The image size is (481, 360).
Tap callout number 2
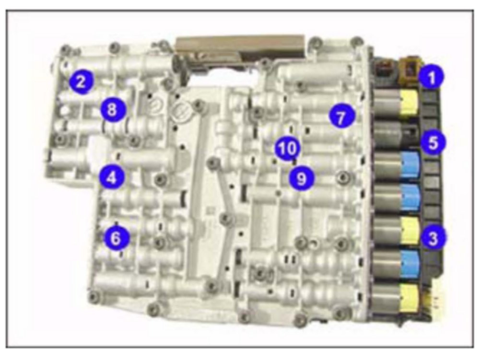[x=81, y=82]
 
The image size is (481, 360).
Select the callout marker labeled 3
[x=433, y=238]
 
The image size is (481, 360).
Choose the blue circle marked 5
[x=433, y=142]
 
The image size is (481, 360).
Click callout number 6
[x=116, y=238]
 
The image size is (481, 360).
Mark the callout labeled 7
[x=340, y=117]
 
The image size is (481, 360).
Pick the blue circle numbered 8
[x=113, y=109]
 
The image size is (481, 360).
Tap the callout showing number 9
[x=302, y=178]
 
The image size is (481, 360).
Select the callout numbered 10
[x=287, y=149]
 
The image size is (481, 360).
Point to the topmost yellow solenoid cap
[x=409, y=102]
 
